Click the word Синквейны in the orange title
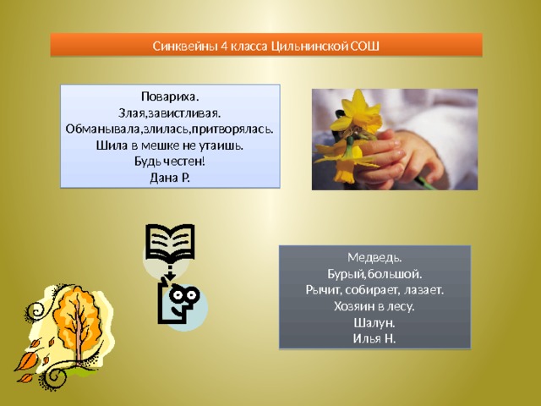pyautogui.click(x=184, y=46)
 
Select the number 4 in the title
pyautogui.click(x=223, y=46)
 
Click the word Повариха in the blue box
pyautogui.click(x=170, y=97)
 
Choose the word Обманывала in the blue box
pyautogui.click(x=103, y=129)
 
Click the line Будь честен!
pyautogui.click(x=170, y=162)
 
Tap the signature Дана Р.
pyautogui.click(x=170, y=178)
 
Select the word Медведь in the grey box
pyautogui.click(x=374, y=257)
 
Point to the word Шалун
pyautogui.click(x=374, y=323)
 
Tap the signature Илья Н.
pyautogui.click(x=374, y=339)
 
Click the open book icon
pyautogui.click(x=170, y=242)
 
